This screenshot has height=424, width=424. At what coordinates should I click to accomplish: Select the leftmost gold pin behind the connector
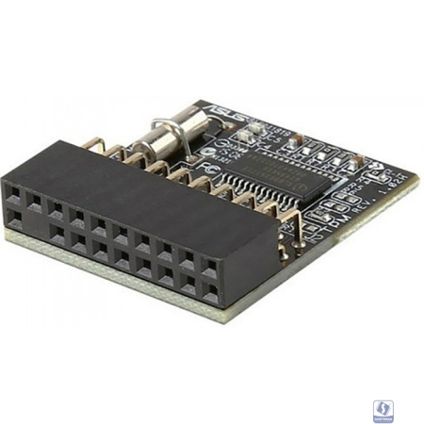point(92,143)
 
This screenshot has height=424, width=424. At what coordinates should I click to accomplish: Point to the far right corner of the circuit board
point(416,178)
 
